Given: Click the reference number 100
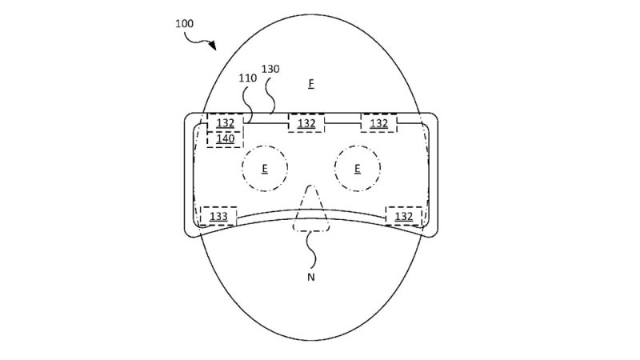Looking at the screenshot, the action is [x=184, y=24].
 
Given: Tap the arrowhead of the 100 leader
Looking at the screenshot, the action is [x=212, y=46].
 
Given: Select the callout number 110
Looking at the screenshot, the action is [x=248, y=78].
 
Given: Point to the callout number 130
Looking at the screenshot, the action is [x=270, y=69].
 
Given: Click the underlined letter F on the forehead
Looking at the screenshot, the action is [x=311, y=84].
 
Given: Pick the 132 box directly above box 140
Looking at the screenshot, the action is [x=226, y=123].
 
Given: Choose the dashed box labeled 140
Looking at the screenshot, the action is [x=226, y=139].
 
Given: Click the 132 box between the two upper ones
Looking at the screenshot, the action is [x=306, y=123].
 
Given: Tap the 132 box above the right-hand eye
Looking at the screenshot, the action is [x=378, y=123].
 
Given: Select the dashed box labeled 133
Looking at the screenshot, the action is [x=218, y=216].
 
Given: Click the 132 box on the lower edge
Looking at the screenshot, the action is [x=404, y=216].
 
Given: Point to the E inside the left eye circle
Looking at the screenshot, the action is [x=265, y=168].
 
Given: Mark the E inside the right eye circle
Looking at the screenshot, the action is [x=357, y=168].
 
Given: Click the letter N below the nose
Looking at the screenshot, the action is [x=311, y=277].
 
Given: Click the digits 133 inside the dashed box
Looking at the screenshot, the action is [x=218, y=216].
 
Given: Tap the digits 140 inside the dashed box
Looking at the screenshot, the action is [x=226, y=138].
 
